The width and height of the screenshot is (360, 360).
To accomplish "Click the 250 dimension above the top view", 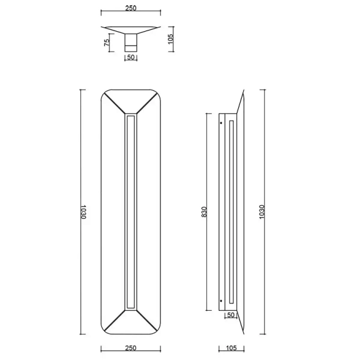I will [x=131, y=8].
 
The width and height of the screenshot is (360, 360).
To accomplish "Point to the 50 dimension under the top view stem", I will [x=131, y=58].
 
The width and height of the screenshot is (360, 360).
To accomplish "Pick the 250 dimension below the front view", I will [x=131, y=348].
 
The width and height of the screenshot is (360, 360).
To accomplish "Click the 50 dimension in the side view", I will [x=230, y=314].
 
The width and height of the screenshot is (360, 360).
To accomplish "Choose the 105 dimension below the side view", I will [x=230, y=348].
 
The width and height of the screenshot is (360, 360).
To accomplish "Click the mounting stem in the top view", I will [x=131, y=43].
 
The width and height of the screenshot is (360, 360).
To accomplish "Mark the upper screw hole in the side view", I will [x=221, y=123].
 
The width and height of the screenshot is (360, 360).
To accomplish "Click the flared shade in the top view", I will [x=131, y=29].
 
